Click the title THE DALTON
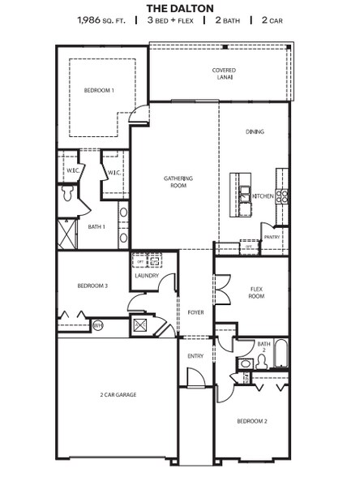coord(180,7)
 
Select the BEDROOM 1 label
coord(99,90)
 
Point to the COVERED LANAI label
coord(224,74)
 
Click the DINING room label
coord(255,131)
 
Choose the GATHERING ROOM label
coord(176,182)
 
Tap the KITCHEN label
coord(263,196)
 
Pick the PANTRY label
coord(272,237)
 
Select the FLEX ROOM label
coord(256,293)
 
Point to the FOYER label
coord(195,312)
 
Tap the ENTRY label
coord(195,355)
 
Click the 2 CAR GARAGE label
coord(118,394)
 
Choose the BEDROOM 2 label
coord(252,421)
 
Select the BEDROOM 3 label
coord(92,286)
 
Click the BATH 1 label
coord(96,226)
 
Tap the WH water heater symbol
coord(98,325)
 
